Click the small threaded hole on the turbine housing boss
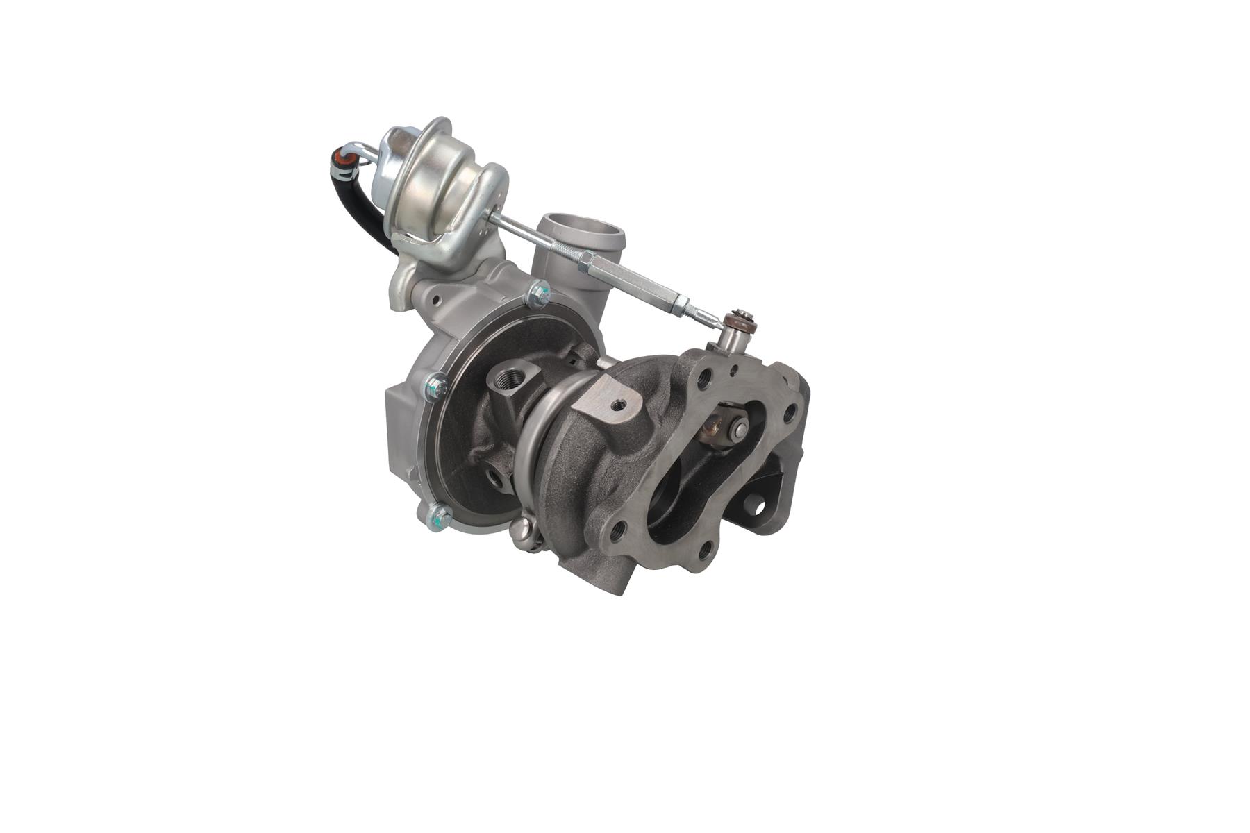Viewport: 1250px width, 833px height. [x=617, y=403]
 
